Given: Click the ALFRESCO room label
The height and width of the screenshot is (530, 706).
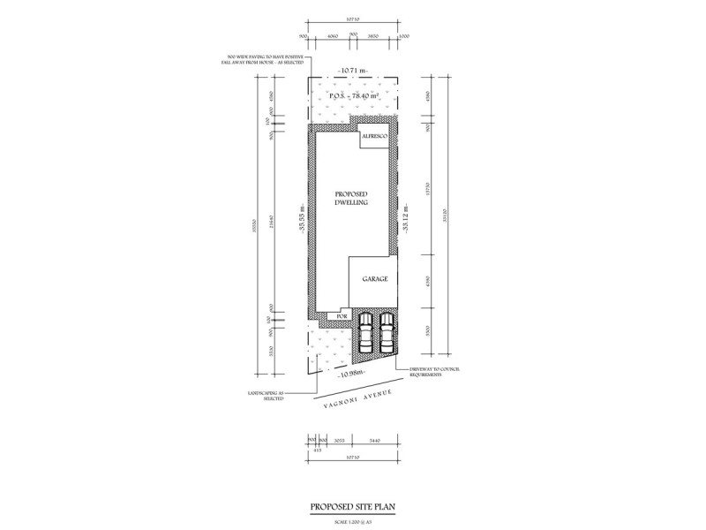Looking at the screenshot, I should click(373, 137).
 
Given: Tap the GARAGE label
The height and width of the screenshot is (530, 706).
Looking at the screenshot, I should click(375, 278).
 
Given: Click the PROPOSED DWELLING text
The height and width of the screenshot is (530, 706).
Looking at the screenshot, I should click(351, 198).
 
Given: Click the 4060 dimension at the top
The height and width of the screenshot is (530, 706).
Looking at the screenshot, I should click(333, 35).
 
